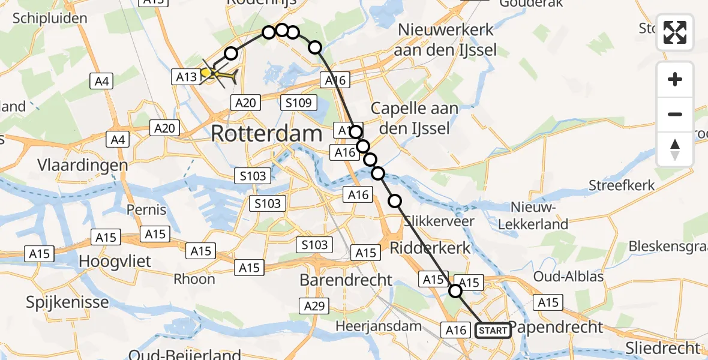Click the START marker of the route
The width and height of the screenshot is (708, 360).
click(x=493, y=330)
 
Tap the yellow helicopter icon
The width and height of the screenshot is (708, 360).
click(x=220, y=74)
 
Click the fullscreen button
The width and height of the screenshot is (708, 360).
click(x=675, y=32)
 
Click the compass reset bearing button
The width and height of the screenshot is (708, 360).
click(x=675, y=149)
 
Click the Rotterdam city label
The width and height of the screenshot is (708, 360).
click(x=266, y=134)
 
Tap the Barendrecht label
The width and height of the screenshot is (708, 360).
click(x=346, y=280)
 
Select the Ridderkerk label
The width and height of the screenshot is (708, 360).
click(x=430, y=247)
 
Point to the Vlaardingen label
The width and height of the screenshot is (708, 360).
click(x=83, y=165)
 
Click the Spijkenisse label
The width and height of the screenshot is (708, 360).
click(x=67, y=302)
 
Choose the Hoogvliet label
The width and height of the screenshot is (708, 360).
click(x=116, y=262)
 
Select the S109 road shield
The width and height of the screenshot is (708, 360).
click(x=298, y=103)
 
